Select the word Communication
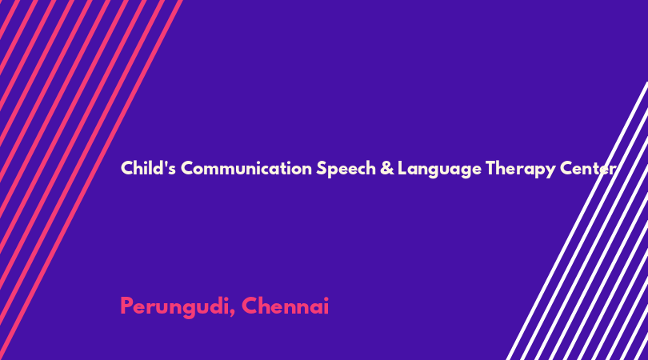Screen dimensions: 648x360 pos(246,168)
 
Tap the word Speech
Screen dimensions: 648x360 pos(346,169)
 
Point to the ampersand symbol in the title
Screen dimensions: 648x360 pos(387,168)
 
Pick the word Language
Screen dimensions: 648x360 pos(440,170)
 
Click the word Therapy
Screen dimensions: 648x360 pos(521,170)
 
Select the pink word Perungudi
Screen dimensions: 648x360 pos(175,307)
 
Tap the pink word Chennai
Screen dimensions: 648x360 pos(285,306)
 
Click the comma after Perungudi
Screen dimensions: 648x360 pos(233,314)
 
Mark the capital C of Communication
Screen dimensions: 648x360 pos(188,168)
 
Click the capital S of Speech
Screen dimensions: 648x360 pos(322,168)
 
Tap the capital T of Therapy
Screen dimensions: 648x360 pos(490,168)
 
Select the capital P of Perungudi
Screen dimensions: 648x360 pos(127,306)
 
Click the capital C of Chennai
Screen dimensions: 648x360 pos(250,306)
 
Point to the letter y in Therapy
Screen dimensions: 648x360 pos(551,172)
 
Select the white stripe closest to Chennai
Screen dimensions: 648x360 pos(578,221)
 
